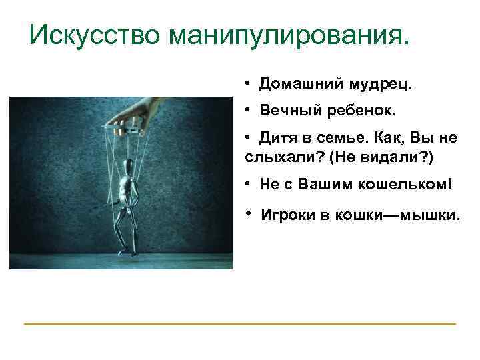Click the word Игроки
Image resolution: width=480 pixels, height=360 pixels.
pos(287,215)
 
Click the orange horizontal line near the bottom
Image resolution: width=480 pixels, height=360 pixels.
pos(240,324)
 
